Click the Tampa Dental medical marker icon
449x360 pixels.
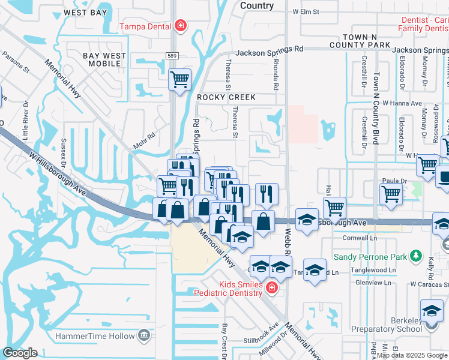pos(179,26)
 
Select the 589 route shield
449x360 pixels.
pos(171,55)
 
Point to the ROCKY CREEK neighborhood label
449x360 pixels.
pos(226,97)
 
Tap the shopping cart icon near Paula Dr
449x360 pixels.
pos(391,194)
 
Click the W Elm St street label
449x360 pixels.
pos(309,11)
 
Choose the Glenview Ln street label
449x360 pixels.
pos(373,282)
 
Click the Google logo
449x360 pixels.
pos(20,352)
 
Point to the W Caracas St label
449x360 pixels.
pos(429,284)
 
